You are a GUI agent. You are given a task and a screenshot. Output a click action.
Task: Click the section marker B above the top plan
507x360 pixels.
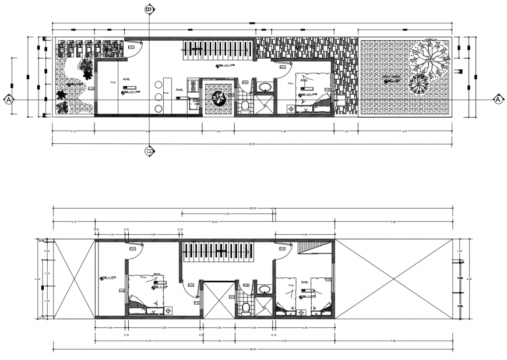tap(149, 9)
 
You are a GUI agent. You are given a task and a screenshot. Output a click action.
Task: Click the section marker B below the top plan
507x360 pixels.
tap(149, 152)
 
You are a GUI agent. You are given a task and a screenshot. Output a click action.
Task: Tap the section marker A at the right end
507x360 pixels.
tap(498, 100)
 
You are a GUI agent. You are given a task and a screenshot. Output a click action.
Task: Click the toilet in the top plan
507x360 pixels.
tap(245, 105)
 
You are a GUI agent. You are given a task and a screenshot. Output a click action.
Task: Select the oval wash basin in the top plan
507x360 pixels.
tap(265, 87)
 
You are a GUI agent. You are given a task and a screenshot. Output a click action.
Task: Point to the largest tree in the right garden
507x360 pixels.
tap(430, 58)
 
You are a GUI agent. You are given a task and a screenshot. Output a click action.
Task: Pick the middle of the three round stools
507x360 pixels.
tap(158, 97)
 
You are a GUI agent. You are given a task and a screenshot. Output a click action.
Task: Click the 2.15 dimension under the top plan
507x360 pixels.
tap(73, 132)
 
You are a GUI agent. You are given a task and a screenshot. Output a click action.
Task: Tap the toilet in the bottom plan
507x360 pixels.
tap(245, 307)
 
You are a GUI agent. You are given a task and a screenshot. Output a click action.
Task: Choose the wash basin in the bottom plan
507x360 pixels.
tap(264, 288)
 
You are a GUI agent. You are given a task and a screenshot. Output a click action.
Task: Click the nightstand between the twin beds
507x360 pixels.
tap(301, 312)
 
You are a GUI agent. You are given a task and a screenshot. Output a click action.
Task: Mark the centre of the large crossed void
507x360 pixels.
tap(393, 278)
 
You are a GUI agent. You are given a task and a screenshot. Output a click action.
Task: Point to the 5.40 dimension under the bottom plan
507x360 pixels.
tap(149, 341)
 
